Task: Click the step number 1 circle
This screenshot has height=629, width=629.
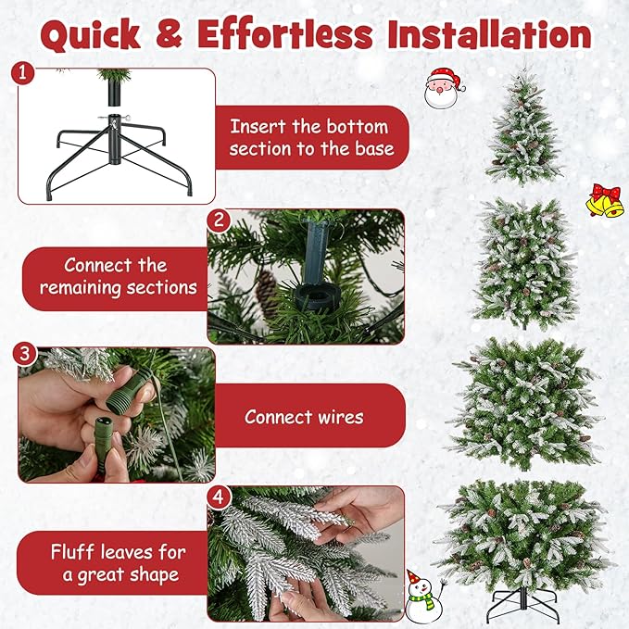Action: click(26, 72)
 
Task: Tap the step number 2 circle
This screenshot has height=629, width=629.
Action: click(219, 220)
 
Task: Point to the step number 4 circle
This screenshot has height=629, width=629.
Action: click(219, 497)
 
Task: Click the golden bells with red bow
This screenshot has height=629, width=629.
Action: click(604, 199)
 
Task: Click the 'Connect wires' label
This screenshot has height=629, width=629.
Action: click(304, 417)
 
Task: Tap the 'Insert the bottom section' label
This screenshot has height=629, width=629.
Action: click(312, 137)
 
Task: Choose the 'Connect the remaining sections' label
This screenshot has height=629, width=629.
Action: click(118, 276)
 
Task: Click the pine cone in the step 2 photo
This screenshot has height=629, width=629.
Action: click(266, 292)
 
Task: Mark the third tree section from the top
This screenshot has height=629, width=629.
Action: click(524, 400)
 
